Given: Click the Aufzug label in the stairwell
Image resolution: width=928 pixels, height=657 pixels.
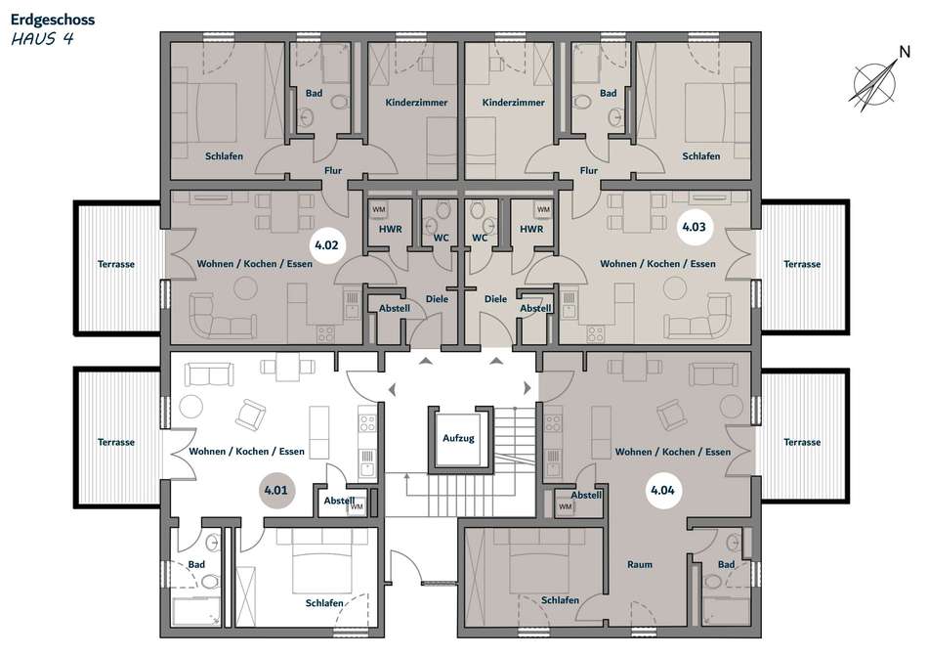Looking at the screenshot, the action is tap(459, 438).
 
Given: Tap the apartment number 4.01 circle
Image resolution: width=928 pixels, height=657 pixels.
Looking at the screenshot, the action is tap(275, 491).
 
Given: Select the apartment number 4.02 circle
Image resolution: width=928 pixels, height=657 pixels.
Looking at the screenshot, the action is tap(326, 245).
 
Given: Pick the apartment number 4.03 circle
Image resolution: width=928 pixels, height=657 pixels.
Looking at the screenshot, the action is tap(694, 227).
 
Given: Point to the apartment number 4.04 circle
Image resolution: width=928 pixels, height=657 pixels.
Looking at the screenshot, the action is tap(662, 491).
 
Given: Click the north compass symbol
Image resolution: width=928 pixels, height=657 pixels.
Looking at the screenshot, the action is tap(876, 82).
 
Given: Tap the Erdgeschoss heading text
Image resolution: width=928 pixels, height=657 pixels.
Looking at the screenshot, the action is tap(53, 20).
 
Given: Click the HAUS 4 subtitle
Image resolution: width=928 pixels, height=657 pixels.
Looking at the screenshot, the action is tap(43, 39).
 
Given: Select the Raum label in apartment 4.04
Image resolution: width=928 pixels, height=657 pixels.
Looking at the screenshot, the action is tap(640, 564).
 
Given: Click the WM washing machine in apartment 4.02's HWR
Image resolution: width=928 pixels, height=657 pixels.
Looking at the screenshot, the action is tap(379, 210).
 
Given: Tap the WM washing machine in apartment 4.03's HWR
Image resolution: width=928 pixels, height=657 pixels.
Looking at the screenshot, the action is tap(543, 210).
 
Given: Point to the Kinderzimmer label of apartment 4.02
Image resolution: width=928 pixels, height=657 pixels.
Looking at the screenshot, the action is tap(416, 103).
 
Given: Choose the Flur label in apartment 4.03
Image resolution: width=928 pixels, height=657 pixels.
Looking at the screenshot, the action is tap(589, 171).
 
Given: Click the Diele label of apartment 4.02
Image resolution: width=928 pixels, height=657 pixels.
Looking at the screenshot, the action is tap(437, 299).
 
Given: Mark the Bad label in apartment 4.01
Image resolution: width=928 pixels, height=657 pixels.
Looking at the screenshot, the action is tap(196, 564).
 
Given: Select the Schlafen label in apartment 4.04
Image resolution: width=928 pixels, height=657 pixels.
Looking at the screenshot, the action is tap(560, 600).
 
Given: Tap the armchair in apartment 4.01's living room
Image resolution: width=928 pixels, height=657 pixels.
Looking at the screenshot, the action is tap(250, 415).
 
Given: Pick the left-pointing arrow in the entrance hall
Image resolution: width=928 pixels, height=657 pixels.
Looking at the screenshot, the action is tap(392, 389).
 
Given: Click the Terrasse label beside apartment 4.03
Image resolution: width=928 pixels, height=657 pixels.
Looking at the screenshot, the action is tap(802, 264).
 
